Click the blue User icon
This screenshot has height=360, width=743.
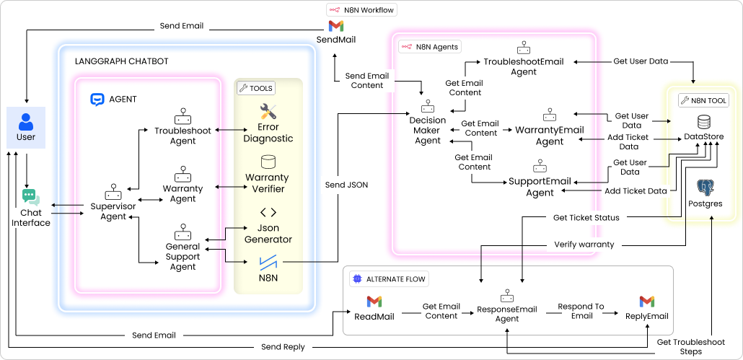26,120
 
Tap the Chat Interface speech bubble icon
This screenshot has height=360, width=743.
30,197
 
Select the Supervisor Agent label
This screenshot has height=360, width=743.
113,211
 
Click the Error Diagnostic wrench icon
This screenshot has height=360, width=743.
268,112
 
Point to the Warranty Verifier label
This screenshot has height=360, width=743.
267,183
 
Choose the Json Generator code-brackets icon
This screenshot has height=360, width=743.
268,212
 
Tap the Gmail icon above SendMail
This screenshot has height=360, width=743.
336,26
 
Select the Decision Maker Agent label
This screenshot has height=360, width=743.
427,130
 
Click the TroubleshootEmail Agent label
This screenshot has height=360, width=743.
524,67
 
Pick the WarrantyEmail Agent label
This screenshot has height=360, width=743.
550,135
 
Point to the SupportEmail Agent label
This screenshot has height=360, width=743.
540,187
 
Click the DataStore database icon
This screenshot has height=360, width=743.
704,121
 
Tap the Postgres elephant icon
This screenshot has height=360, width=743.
705,188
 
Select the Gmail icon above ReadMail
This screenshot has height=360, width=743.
373,301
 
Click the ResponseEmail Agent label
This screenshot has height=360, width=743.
507,312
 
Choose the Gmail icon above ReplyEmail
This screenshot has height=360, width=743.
647,301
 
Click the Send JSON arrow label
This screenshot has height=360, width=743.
347,185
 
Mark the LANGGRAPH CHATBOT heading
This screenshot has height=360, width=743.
122,61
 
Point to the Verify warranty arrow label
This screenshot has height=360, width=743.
584,245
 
